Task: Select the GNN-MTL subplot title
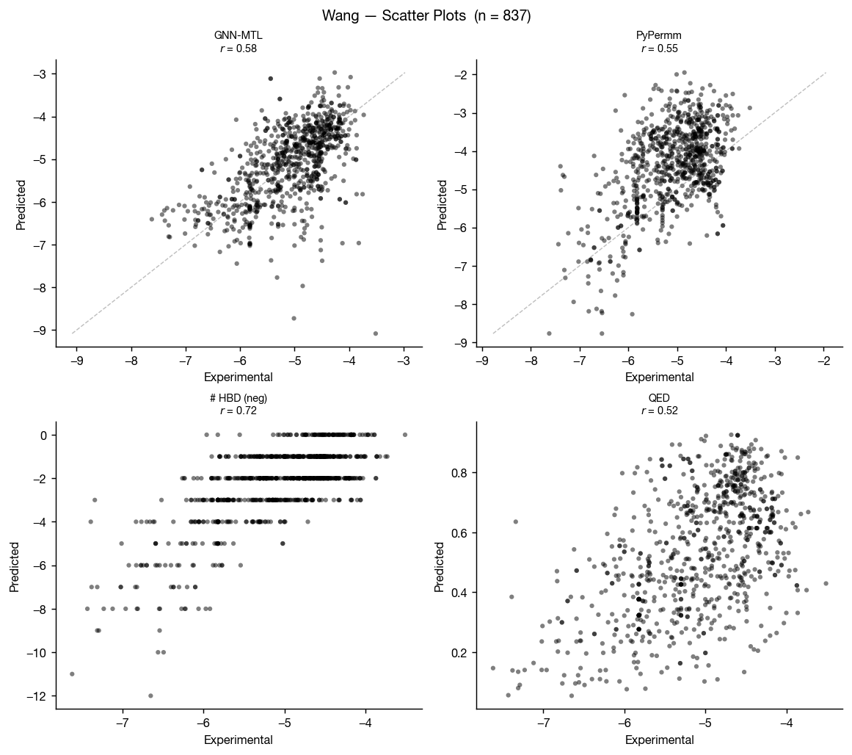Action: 239,35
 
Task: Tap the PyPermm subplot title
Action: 659,35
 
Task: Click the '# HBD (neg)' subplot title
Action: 239,398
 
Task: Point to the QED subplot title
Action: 659,398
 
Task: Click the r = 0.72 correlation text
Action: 239,411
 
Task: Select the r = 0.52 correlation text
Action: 659,411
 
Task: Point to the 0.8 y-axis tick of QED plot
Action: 459,473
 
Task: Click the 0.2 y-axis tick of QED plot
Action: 459,653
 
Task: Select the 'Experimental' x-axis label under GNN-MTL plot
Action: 239,377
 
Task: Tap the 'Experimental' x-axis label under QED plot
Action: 659,740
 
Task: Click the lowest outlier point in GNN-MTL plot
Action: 376,333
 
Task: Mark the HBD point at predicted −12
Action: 150,696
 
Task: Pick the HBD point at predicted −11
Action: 72,673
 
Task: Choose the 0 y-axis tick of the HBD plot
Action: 44,435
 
